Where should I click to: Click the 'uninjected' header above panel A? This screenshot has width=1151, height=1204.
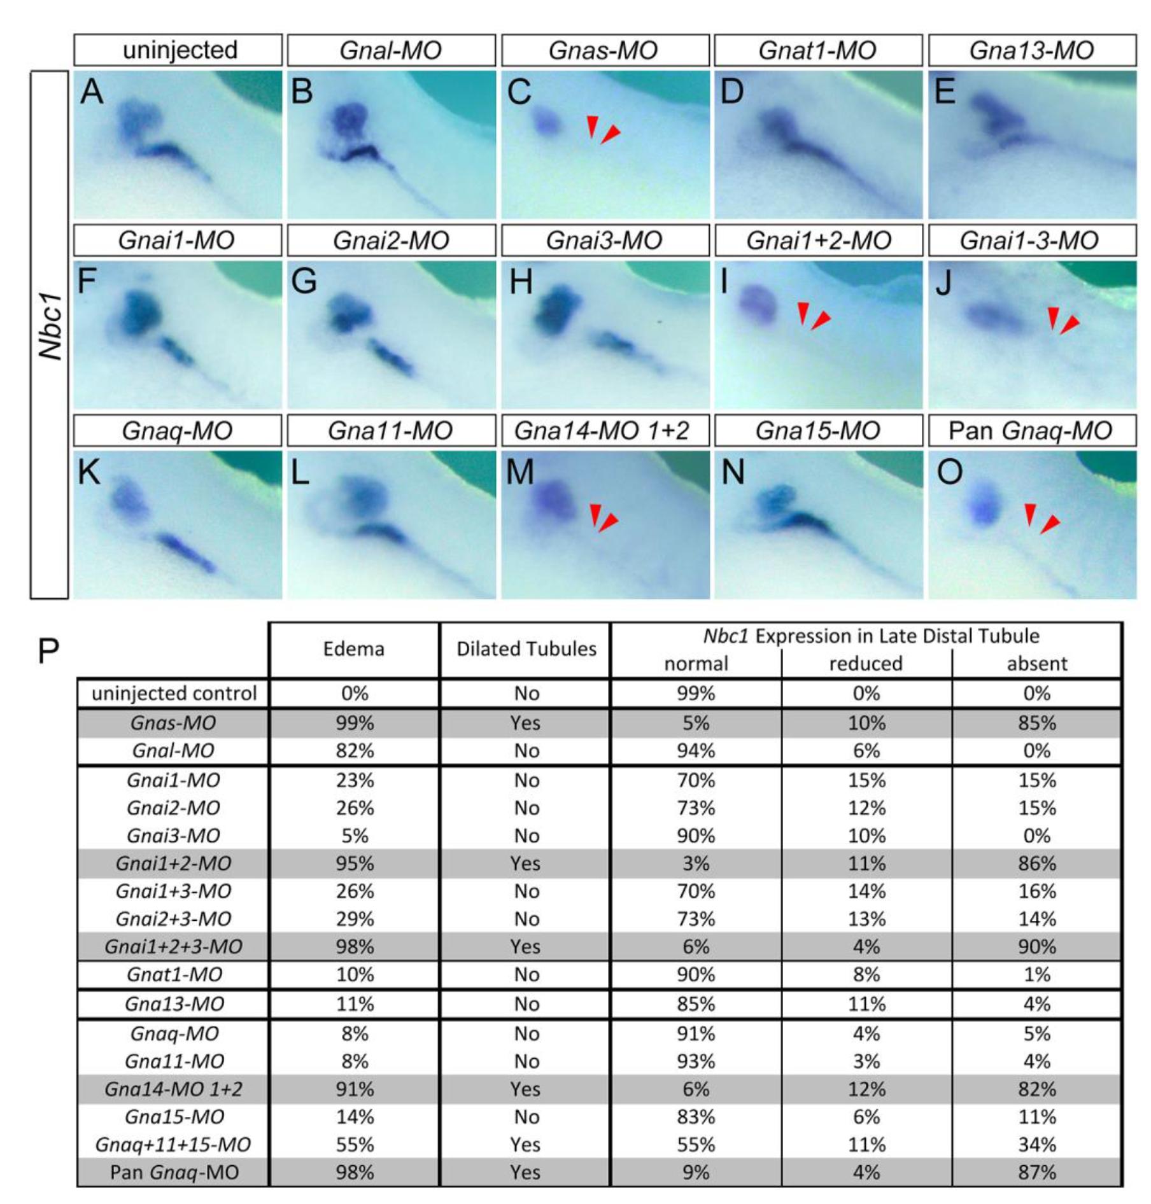[179, 50]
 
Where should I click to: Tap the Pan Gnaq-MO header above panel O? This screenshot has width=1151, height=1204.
[1031, 431]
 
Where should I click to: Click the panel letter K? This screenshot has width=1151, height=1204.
[90, 472]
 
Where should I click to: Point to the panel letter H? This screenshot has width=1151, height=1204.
[521, 281]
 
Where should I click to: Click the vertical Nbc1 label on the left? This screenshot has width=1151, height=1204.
[50, 326]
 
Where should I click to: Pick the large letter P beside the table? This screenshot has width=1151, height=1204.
[48, 651]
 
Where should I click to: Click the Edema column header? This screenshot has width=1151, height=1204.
[353, 649]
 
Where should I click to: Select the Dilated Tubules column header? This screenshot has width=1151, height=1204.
[526, 649]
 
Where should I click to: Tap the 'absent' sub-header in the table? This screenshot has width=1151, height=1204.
[1036, 664]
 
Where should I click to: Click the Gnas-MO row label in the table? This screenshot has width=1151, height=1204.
[173, 723]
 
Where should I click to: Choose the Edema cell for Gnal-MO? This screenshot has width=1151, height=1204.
[355, 751]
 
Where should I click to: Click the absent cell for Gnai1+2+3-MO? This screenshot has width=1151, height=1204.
[1036, 946]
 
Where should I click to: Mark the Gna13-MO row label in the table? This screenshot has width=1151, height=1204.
[174, 1004]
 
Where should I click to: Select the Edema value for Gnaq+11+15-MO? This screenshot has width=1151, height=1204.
[355, 1144]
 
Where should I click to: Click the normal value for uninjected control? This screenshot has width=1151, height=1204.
[695, 693]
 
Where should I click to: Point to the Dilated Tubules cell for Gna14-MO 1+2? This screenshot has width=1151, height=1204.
[525, 1089]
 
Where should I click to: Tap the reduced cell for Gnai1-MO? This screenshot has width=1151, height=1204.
[866, 780]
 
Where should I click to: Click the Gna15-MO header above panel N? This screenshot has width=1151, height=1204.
[817, 431]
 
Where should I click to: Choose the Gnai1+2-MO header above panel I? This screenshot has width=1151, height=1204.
[818, 241]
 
